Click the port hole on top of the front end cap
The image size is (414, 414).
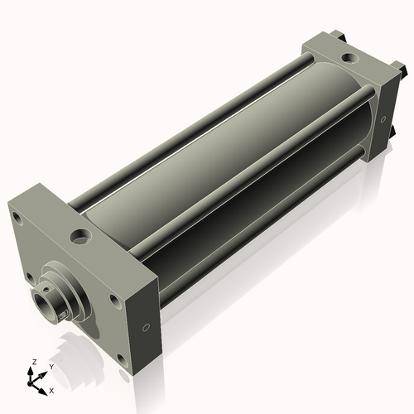point(81,236)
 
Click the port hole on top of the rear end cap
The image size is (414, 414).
point(350,58)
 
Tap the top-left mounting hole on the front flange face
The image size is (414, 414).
point(18,219)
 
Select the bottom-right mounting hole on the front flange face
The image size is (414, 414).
point(122,361)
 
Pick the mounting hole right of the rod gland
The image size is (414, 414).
point(114,301)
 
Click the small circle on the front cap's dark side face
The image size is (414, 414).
point(147,328)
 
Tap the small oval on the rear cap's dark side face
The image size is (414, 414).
point(383,119)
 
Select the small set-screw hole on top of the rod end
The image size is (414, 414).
point(47,289)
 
